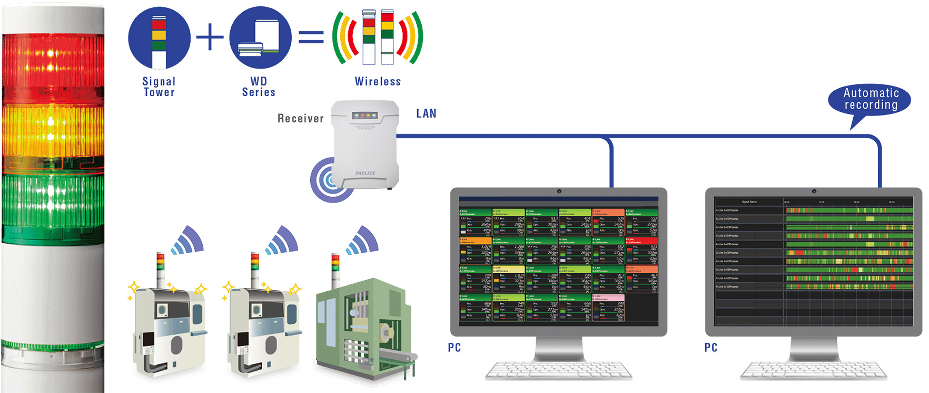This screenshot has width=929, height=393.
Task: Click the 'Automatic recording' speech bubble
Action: [x=870, y=99]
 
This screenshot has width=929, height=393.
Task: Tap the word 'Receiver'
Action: [x=300, y=119]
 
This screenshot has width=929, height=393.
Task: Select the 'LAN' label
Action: [x=426, y=113]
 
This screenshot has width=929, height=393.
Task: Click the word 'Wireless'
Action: [x=378, y=82]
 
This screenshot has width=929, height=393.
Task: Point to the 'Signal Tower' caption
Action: [x=159, y=87]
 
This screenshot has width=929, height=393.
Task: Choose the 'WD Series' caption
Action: [x=259, y=87]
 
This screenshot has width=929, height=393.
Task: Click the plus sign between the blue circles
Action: [x=210, y=37]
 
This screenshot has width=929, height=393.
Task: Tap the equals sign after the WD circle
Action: [x=311, y=37]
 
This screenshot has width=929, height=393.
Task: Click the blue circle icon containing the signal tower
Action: [x=159, y=37]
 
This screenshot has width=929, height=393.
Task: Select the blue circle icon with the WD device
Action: [x=260, y=37]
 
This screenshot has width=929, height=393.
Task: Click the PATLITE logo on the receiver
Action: [x=365, y=173]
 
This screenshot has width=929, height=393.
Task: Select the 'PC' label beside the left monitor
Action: [x=454, y=348]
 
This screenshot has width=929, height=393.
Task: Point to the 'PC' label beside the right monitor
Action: [x=710, y=348]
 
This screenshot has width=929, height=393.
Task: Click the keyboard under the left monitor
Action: [x=558, y=370]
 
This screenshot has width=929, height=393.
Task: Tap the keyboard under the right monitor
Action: [x=814, y=370]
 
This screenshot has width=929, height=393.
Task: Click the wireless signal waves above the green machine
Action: [x=363, y=240]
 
